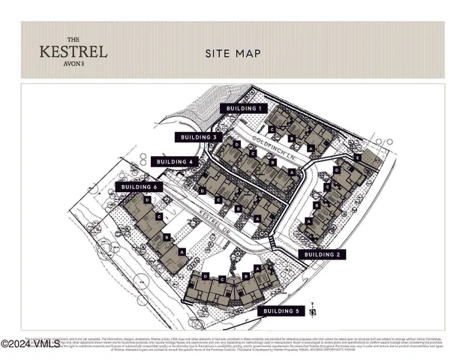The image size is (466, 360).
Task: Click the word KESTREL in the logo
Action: [74, 52]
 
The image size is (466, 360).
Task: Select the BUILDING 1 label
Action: [243, 108]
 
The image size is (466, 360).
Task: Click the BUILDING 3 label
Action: [199, 137]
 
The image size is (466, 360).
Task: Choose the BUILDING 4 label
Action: [175, 161]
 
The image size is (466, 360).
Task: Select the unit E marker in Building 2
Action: [358, 158]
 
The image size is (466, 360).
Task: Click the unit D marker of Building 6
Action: [149, 200]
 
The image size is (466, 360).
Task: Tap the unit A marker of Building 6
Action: [182, 251]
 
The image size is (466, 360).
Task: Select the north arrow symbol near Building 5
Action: [320, 306]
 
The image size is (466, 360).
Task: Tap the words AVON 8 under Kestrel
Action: [74, 64]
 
